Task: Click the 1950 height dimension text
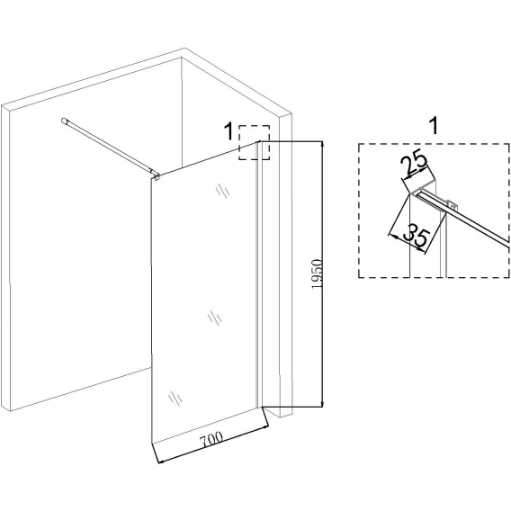[317, 273]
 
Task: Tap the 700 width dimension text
[211, 440]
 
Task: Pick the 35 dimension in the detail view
[417, 234]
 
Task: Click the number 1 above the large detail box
[434, 126]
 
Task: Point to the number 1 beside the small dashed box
[229, 131]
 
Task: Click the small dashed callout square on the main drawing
[255, 142]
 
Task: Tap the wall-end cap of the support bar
[64, 121]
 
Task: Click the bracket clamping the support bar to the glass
[157, 177]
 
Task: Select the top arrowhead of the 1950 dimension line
[322, 144]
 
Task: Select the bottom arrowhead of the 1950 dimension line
[322, 403]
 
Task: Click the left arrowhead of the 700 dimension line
[161, 461]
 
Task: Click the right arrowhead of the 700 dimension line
[265, 427]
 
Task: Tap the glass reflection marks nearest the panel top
[222, 191]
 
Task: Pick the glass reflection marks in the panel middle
[215, 318]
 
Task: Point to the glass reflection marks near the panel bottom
[175, 399]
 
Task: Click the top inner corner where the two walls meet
[182, 58]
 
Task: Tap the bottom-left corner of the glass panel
[152, 444]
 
